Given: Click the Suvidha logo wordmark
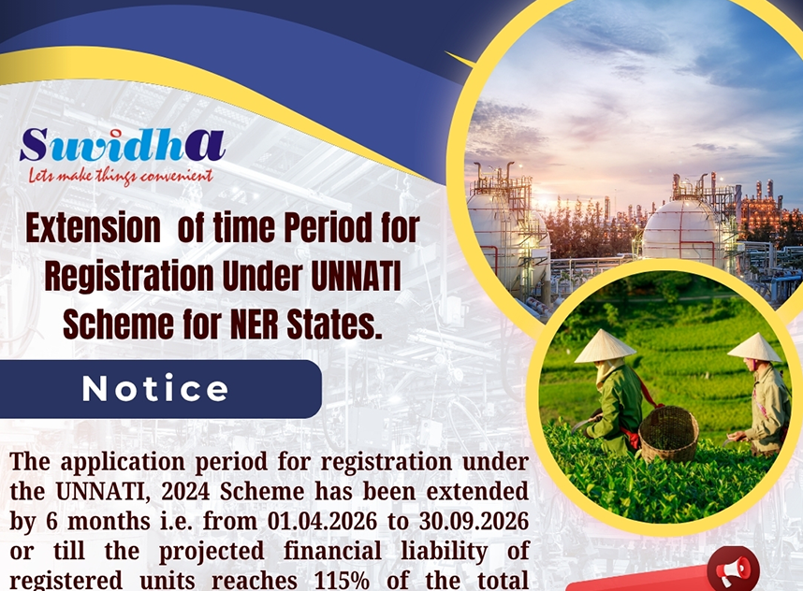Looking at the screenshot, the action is pyautogui.click(x=123, y=145).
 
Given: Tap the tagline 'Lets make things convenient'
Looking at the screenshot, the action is pyautogui.click(x=121, y=176).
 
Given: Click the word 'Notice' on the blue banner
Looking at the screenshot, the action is pyautogui.click(x=155, y=389).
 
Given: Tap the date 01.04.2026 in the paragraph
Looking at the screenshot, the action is pyautogui.click(x=322, y=522).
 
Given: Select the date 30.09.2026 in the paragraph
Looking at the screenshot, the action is pyautogui.click(x=474, y=522).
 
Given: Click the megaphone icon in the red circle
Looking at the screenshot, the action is pyautogui.click(x=733, y=569).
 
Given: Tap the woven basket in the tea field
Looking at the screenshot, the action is pyautogui.click(x=668, y=435).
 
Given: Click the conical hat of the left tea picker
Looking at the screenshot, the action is pyautogui.click(x=605, y=346).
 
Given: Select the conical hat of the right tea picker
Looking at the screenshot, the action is pyautogui.click(x=754, y=348).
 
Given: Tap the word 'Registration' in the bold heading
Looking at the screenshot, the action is pyautogui.click(x=128, y=276).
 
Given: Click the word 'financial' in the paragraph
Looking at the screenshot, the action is pyautogui.click(x=332, y=551).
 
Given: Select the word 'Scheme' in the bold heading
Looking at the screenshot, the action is pyautogui.click(x=118, y=324).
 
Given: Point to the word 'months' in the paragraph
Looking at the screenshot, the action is pyautogui.click(x=109, y=522).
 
